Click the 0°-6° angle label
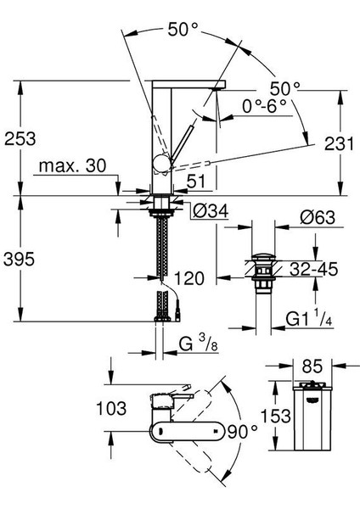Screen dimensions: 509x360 pyautogui.click(x=263, y=108)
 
